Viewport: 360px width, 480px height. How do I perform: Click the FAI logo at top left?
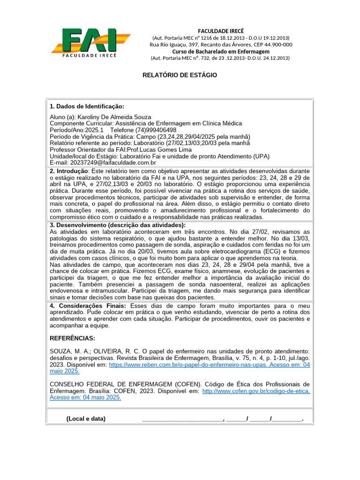coord(90,42)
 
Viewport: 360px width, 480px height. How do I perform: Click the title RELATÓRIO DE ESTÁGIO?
coord(180,75)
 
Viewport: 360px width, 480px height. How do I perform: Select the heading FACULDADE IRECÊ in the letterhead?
coord(221,31)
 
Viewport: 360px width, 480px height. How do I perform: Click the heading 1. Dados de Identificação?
coord(87,106)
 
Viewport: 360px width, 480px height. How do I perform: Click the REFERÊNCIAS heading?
coord(72,338)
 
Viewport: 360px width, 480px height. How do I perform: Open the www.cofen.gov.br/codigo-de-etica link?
coord(256,390)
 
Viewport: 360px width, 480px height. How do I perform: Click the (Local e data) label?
coord(86,419)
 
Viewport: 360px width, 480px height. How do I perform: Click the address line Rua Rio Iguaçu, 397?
coord(221,45)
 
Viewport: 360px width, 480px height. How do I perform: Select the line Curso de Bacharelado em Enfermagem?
coord(221,51)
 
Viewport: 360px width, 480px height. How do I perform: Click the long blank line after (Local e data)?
coord(183,419)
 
